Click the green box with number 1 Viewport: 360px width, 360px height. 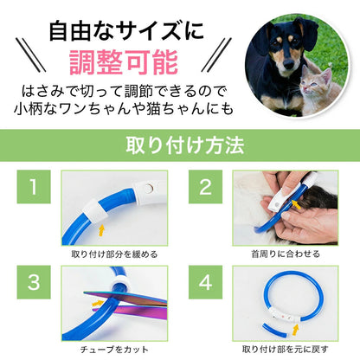tap(34, 187)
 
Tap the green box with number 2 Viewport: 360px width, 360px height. tap(205, 187)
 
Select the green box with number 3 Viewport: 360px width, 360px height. tap(34, 282)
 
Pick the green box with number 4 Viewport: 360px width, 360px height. tap(205, 282)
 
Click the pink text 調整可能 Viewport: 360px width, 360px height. tap(124, 62)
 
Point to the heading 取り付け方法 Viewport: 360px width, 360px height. tap(185, 145)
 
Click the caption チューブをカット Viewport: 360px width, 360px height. tap(114, 350)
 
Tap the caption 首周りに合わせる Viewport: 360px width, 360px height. tap(286, 254)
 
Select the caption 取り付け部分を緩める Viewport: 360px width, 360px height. tap(114, 254)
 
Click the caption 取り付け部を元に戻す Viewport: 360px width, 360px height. tap(286, 350)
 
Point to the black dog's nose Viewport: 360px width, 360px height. tap(289, 66)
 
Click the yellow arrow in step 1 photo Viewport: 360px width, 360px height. tap(101, 231)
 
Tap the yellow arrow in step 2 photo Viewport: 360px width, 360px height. tap(297, 205)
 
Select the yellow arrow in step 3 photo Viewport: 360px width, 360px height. tap(98, 304)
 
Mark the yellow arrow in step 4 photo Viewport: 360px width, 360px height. tap(295, 330)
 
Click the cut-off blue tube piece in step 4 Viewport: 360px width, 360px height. tap(273, 332)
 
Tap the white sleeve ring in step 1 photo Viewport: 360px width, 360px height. tap(95, 211)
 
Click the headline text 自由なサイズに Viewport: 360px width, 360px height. tap(126, 32)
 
